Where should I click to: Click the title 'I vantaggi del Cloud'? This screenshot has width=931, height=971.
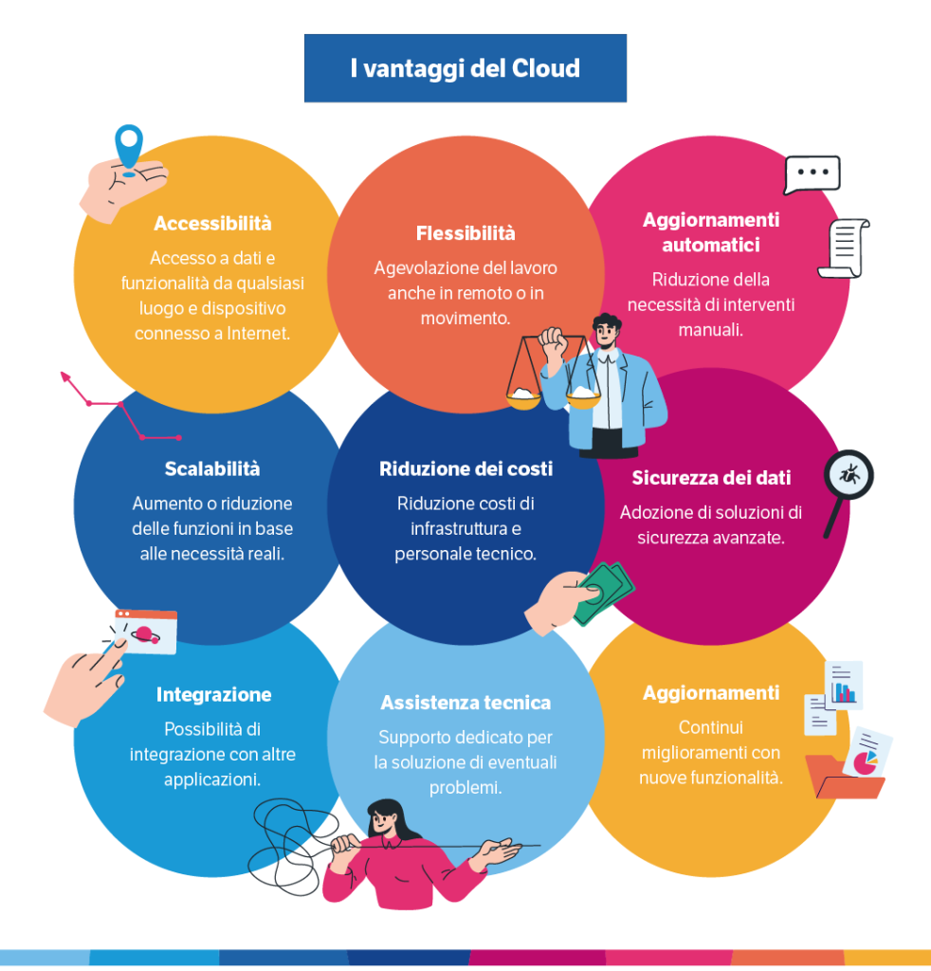pyautogui.click(x=465, y=68)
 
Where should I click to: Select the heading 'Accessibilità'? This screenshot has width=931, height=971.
pyautogui.click(x=212, y=224)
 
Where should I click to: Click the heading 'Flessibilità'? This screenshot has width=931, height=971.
pyautogui.click(x=465, y=233)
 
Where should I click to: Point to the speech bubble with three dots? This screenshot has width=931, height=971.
pyautogui.click(x=812, y=174)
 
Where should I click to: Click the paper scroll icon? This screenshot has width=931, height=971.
pyautogui.click(x=843, y=248)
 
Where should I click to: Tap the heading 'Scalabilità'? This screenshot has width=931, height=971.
pyautogui.click(x=212, y=469)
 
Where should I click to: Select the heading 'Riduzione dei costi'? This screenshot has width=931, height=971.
pyautogui.click(x=465, y=469)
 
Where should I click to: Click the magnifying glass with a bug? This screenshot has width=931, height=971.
pyautogui.click(x=847, y=476)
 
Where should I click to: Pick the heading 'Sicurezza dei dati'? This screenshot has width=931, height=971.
pyautogui.click(x=711, y=478)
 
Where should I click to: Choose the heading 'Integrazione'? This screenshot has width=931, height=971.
pyautogui.click(x=213, y=695)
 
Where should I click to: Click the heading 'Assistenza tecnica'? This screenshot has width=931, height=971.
pyautogui.click(x=465, y=703)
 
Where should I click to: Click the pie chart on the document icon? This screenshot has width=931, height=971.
pyautogui.click(x=865, y=760)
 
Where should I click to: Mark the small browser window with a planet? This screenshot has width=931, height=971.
pyautogui.click(x=146, y=632)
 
